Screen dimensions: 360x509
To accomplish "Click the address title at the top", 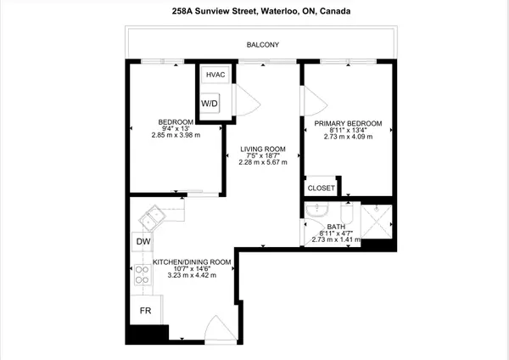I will pyautogui.click(x=255, y=12).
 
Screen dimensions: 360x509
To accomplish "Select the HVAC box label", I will pyautogui.click(x=215, y=75).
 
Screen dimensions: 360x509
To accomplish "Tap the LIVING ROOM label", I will pyautogui.click(x=263, y=149).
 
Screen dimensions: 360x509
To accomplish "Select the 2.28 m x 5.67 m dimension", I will pyautogui.click(x=263, y=164).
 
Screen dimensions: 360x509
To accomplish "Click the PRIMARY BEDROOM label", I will pyautogui.click(x=348, y=123).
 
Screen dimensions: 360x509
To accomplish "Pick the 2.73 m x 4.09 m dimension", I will pyautogui.click(x=348, y=138).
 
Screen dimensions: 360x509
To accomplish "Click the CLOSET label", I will pyautogui.click(x=322, y=188).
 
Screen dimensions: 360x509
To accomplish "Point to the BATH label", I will pyautogui.click(x=337, y=225).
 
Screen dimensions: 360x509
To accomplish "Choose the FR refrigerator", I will pyautogui.click(x=144, y=310).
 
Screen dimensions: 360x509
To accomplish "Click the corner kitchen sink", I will pyautogui.click(x=154, y=217).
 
